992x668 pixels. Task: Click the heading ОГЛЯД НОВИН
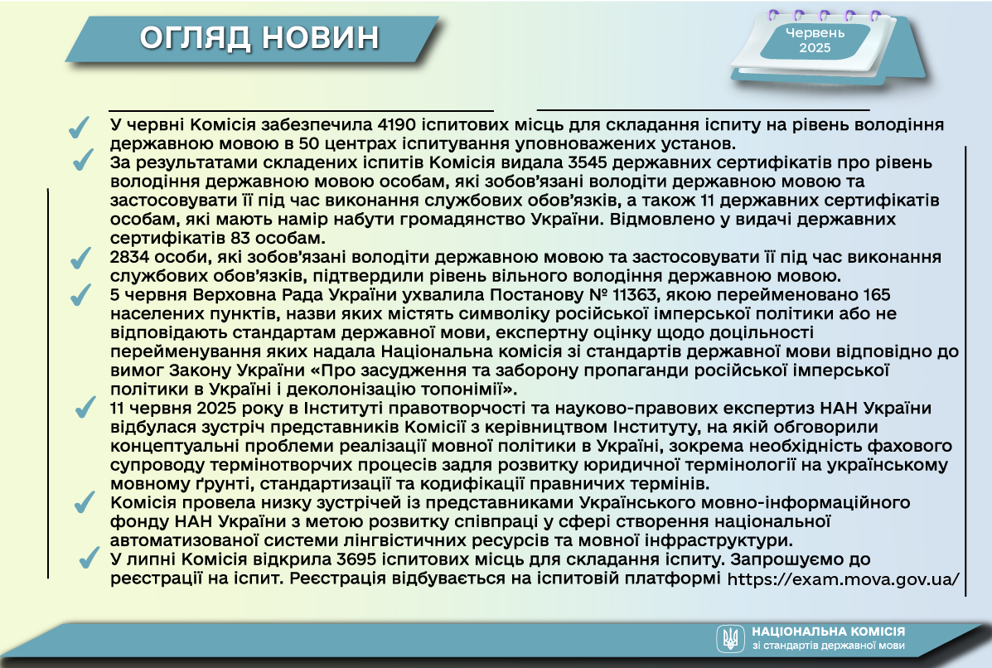[x=259, y=38]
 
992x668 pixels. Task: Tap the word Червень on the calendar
[x=815, y=33]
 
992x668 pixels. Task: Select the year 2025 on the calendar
[x=815, y=48]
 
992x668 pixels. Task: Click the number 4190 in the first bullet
[x=395, y=124]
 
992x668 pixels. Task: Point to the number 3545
[x=588, y=162]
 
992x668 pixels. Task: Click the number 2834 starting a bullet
[x=129, y=257]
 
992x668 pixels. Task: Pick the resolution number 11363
[x=636, y=295]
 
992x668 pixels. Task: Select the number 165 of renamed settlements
[x=876, y=295]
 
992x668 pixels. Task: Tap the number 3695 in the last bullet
[x=357, y=559]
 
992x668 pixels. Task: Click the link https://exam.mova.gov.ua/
[x=844, y=578]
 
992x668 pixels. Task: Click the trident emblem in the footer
[x=730, y=638]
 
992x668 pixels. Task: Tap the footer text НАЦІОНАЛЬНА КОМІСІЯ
[x=828, y=632]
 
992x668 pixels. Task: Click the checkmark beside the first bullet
[x=79, y=127]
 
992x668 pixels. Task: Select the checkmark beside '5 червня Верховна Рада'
[x=80, y=295]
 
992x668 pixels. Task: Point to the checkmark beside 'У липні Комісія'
[x=90, y=557]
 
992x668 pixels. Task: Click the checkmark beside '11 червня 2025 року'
[x=85, y=408]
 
